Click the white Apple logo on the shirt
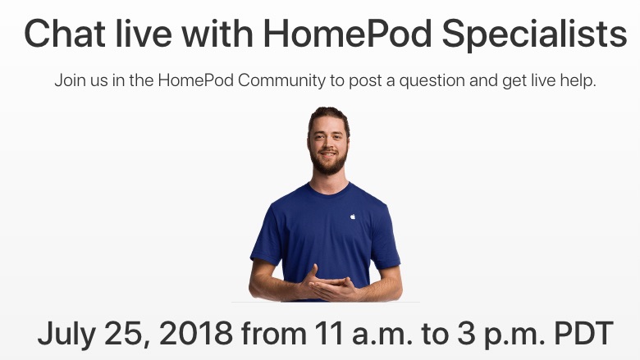353,216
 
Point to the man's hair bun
328,112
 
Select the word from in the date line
272,334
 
